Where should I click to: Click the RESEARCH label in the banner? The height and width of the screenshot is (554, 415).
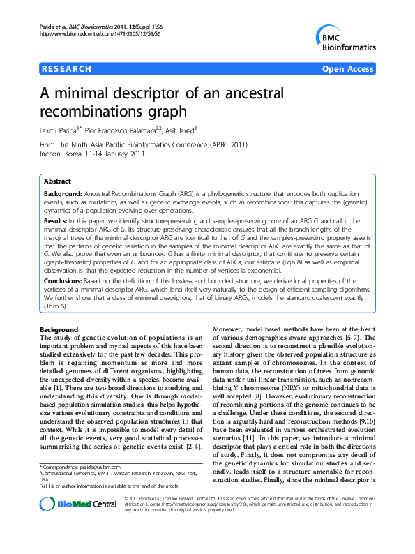pos(66,69)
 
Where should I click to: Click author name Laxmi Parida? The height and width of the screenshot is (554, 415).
pos(57,130)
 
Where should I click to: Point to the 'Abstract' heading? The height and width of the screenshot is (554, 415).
pos(57,181)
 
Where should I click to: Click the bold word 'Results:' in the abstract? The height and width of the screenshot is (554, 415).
pos(57,220)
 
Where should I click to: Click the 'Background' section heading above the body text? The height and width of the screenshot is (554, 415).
pos(59,328)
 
